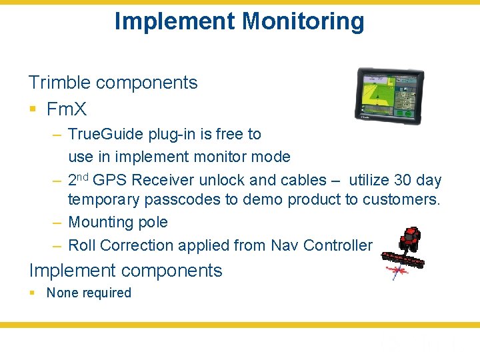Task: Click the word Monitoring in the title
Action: [303, 21]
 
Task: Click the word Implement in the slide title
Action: [175, 21]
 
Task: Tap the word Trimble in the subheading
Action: [59, 83]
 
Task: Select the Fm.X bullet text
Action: [67, 109]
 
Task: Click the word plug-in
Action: [175, 134]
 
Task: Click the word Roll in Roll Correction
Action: [82, 245]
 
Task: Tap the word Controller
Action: [337, 245]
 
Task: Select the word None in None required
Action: [62, 293]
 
